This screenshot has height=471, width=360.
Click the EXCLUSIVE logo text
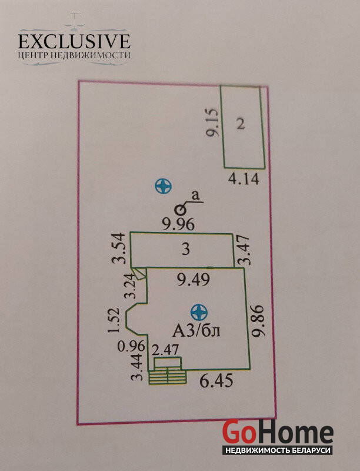[74, 41]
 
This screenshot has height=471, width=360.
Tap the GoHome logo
[277, 433]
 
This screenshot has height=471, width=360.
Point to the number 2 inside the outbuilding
[240, 124]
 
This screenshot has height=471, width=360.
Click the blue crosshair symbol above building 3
[163, 187]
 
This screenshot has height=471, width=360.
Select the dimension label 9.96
[178, 224]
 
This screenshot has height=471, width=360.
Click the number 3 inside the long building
[185, 250]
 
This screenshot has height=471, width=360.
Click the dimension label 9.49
[194, 281]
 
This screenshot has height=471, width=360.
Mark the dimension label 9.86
[259, 321]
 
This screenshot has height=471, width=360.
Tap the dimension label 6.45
[216, 382]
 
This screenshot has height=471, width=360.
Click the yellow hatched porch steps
[168, 375]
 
